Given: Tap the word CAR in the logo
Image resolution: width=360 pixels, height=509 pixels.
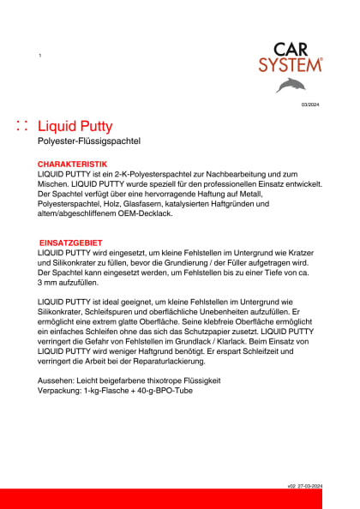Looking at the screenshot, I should [x=293, y=50].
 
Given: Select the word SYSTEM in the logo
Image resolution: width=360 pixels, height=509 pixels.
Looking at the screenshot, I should [x=291, y=64].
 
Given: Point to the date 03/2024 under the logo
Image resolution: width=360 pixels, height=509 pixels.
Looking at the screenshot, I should [x=309, y=104].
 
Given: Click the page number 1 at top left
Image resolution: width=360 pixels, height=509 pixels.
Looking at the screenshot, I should [x=40, y=55].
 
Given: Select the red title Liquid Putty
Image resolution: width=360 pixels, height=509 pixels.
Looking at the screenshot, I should [x=75, y=126].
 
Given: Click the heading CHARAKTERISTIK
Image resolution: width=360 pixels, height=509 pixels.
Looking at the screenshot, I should [x=72, y=163].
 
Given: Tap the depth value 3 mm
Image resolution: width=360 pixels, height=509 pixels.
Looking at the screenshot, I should [x=49, y=283].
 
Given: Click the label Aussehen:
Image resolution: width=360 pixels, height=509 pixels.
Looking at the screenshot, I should [x=57, y=380].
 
